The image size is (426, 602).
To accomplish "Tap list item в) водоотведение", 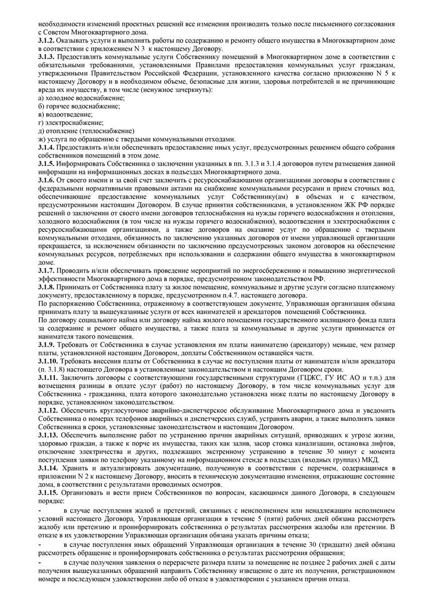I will click(x=65, y=114).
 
